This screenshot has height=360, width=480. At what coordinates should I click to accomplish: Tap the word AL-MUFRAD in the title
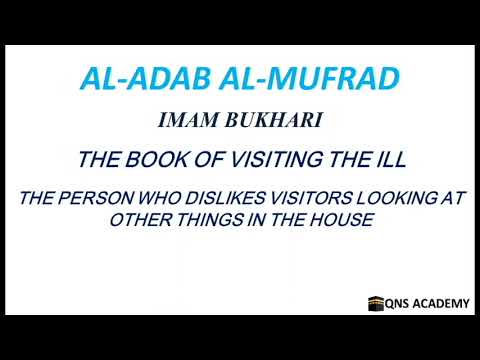[300, 78]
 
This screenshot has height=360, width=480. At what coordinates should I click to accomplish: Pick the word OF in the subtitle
[207, 158]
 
